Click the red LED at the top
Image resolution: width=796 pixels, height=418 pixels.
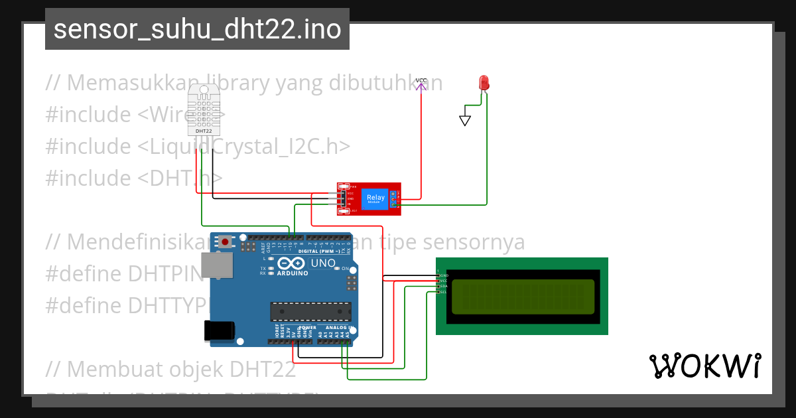(x=484, y=83)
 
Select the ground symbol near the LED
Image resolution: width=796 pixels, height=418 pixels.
(x=465, y=120)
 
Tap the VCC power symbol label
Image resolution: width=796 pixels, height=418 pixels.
(x=421, y=80)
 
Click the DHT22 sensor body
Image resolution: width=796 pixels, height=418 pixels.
(x=204, y=109)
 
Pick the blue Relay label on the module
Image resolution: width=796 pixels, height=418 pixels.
(x=375, y=198)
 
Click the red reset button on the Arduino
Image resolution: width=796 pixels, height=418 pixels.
(x=226, y=242)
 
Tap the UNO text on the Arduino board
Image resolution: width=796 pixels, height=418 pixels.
(x=324, y=263)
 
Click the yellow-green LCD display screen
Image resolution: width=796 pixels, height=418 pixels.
(x=523, y=296)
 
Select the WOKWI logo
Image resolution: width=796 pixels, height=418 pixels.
(x=704, y=366)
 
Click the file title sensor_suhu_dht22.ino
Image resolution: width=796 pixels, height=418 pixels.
(x=197, y=29)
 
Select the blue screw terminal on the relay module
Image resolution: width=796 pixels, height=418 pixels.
(x=393, y=198)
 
